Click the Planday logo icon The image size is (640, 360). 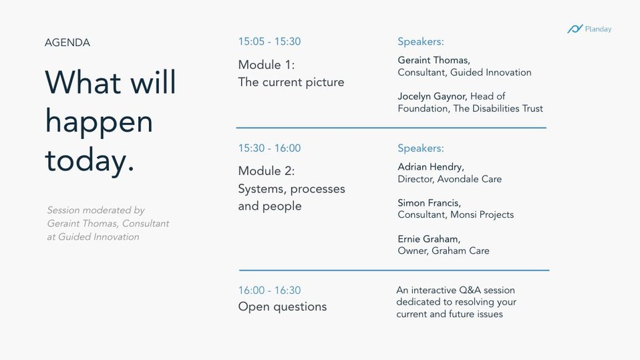(x=575, y=29)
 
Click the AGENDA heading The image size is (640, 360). (x=67, y=43)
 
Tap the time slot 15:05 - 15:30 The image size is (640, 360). (x=269, y=41)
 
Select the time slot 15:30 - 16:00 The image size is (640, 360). (x=269, y=148)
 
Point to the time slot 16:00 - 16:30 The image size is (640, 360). (x=269, y=290)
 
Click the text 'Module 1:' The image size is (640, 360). (x=266, y=65)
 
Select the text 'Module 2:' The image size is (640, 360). (x=266, y=170)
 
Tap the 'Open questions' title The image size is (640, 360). (x=283, y=307)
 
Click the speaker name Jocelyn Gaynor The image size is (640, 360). (x=432, y=96)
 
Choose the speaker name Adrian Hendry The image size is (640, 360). (x=431, y=166)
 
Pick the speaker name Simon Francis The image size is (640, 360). (x=429, y=202)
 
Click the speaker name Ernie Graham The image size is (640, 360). (x=429, y=238)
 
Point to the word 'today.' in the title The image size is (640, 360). (x=90, y=160)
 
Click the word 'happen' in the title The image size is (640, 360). (x=99, y=122)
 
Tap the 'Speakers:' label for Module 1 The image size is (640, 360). (x=421, y=41)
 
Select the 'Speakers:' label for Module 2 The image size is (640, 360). (x=421, y=148)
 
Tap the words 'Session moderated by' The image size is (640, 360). (x=96, y=210)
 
